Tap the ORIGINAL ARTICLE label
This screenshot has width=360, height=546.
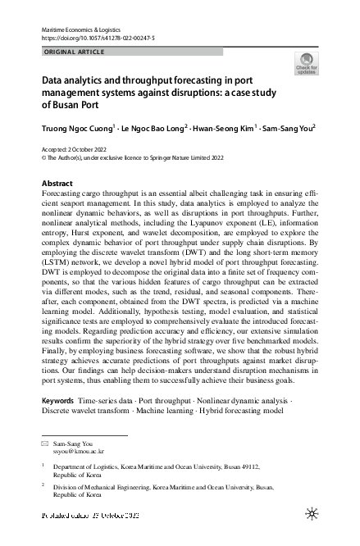coord(74,52)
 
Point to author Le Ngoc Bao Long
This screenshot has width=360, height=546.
coord(153,128)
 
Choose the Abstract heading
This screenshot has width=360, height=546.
coord(57,182)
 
